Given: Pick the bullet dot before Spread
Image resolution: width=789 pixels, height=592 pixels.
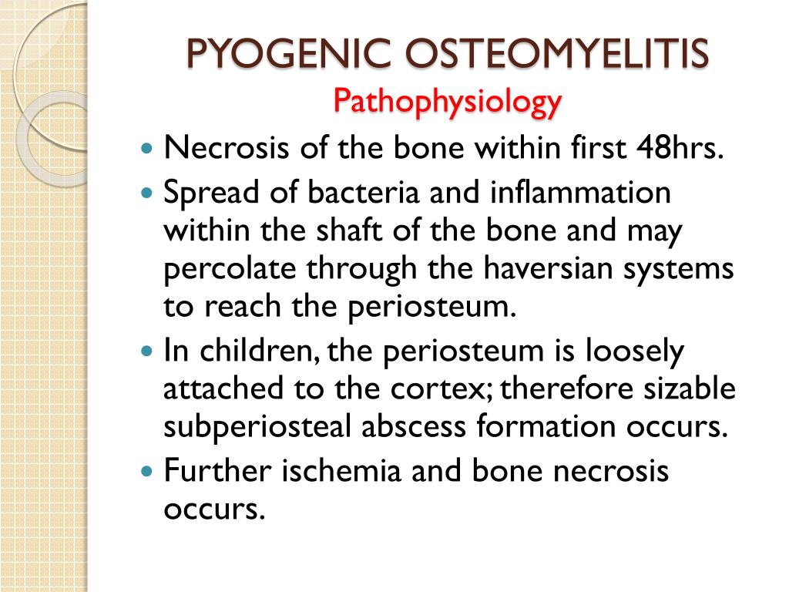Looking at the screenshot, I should click(x=149, y=193).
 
